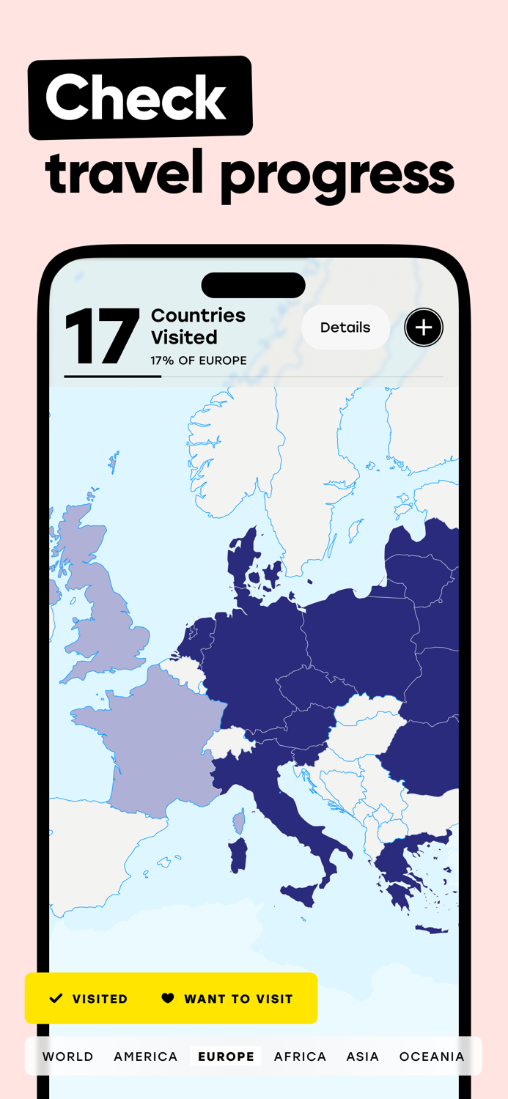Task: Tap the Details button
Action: click(345, 328)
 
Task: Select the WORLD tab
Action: click(68, 1057)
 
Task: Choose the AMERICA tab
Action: click(146, 1057)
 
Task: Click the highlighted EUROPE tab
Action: click(226, 1057)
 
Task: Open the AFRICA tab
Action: click(300, 1057)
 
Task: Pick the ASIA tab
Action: click(363, 1057)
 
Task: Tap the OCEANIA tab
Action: click(432, 1057)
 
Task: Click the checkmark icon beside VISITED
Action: click(56, 999)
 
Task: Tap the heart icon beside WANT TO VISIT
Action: click(168, 999)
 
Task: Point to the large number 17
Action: click(102, 338)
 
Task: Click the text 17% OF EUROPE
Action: click(199, 360)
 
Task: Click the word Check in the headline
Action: click(136, 98)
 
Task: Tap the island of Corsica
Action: click(240, 823)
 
